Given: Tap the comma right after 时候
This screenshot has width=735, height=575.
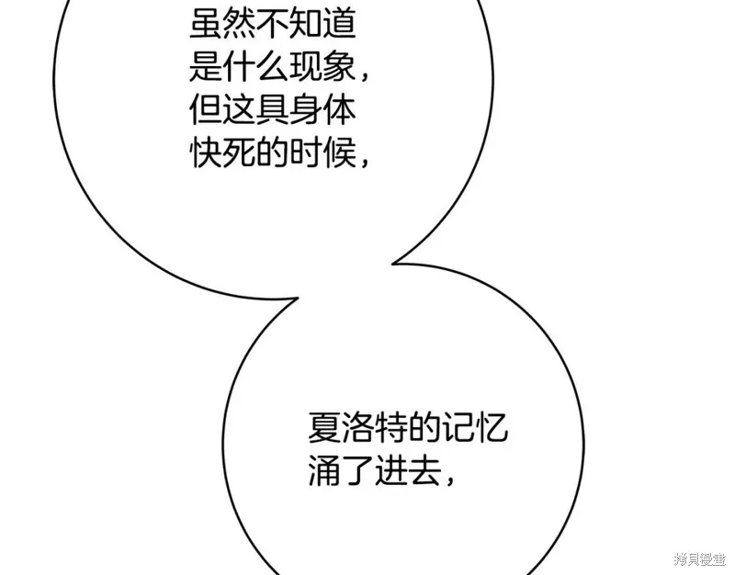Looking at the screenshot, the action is [x=365, y=163].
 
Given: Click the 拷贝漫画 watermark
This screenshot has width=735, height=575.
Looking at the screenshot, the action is [x=700, y=559].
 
